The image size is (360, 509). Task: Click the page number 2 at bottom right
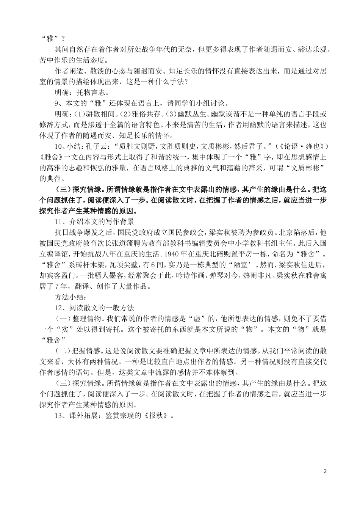point(325,471)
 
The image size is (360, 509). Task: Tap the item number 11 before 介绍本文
point(59,221)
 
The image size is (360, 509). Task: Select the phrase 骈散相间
point(99,114)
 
